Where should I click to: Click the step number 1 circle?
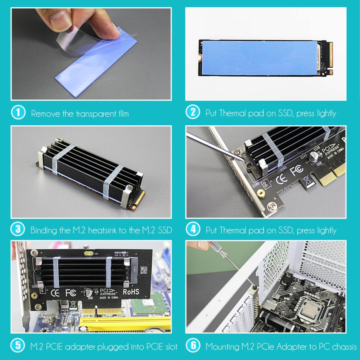[x=18, y=113]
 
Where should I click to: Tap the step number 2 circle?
[x=193, y=113]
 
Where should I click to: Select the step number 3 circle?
[x=18, y=229]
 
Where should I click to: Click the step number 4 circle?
[x=193, y=229]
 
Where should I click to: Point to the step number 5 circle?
[x=18, y=346]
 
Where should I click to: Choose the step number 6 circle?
[x=193, y=346]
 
